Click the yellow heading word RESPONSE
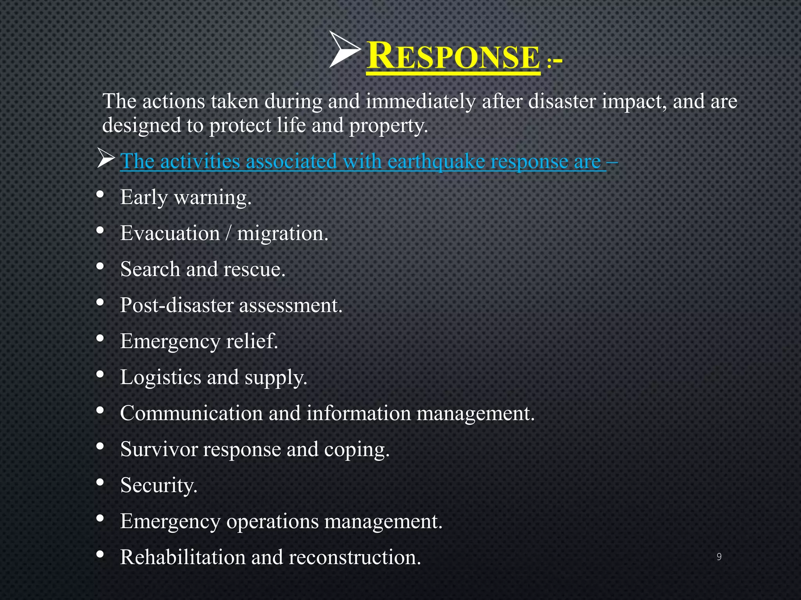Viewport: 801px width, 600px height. click(453, 57)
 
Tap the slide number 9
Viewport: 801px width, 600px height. click(719, 557)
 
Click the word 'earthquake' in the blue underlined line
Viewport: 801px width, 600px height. click(436, 161)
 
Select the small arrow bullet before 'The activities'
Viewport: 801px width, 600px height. click(106, 159)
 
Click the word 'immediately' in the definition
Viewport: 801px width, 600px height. click(420, 102)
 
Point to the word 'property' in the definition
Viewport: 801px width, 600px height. click(387, 126)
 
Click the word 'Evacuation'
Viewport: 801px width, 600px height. click(170, 234)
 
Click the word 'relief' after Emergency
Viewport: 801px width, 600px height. click(251, 341)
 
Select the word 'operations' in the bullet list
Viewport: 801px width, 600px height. click(272, 521)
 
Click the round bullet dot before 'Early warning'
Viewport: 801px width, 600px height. click(100, 194)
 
